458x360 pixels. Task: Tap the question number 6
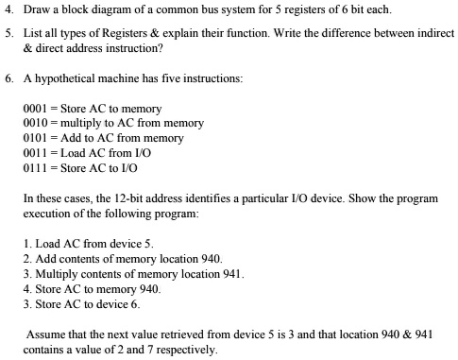[8, 79]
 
